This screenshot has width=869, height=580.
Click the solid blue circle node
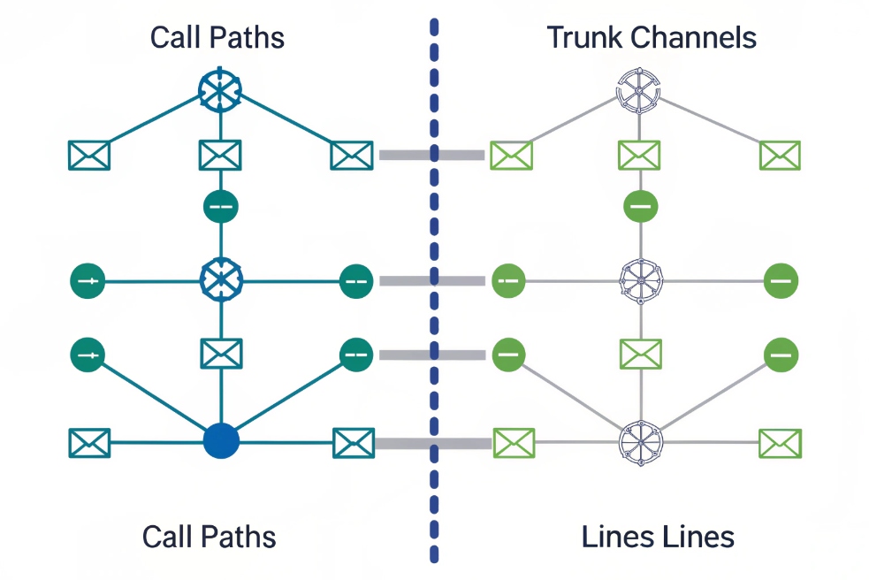[x=220, y=441]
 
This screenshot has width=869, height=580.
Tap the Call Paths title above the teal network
[x=217, y=38]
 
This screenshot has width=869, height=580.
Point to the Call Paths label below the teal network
[x=210, y=537]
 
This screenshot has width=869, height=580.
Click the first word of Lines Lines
[x=617, y=537]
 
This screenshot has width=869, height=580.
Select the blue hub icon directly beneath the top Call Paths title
[x=218, y=89]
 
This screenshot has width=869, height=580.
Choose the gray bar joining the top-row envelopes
[x=431, y=156]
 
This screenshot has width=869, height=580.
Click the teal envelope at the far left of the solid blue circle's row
[x=89, y=442]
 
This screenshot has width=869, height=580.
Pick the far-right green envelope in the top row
[x=780, y=156]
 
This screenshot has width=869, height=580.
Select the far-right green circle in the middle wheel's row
[x=781, y=280]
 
